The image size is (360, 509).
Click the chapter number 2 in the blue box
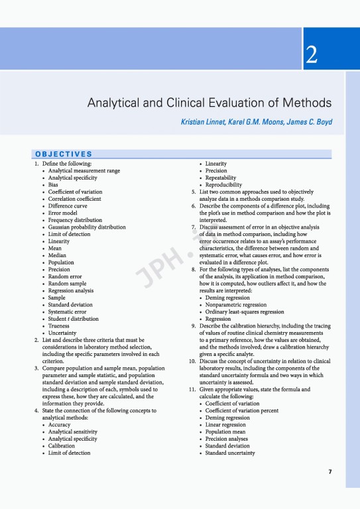click(310, 57)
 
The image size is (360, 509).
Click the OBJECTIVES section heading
click(64, 154)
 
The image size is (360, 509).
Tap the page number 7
click(330, 471)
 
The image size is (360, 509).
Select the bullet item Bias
click(53, 185)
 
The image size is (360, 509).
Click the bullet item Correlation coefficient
click(74, 199)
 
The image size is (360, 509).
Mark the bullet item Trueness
click(60, 326)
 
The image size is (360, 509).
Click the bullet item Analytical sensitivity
click(73, 431)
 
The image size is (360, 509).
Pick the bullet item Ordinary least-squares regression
click(249, 312)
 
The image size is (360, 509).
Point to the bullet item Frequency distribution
click(75, 220)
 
